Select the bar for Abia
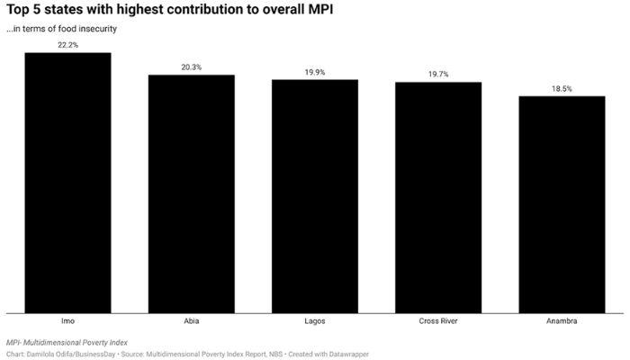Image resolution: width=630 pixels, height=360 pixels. [191, 193]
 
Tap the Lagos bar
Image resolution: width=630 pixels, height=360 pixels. [315, 196]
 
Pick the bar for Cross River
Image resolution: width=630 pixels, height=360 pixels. [438, 197]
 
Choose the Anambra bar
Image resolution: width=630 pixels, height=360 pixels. [562, 204]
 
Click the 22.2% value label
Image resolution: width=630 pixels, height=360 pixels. [67, 45]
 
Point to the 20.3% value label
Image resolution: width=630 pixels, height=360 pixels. [191, 67]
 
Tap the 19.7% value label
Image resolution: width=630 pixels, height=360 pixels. [438, 74]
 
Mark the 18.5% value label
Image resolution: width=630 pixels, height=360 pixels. [562, 88]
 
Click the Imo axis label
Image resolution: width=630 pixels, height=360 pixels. [67, 321]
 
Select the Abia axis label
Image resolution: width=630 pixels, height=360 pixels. [191, 321]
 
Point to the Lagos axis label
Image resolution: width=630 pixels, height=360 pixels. [315, 321]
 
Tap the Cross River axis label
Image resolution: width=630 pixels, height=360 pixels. [438, 321]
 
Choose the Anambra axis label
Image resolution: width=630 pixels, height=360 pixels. [562, 321]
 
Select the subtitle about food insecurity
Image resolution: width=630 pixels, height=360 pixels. [61, 29]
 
